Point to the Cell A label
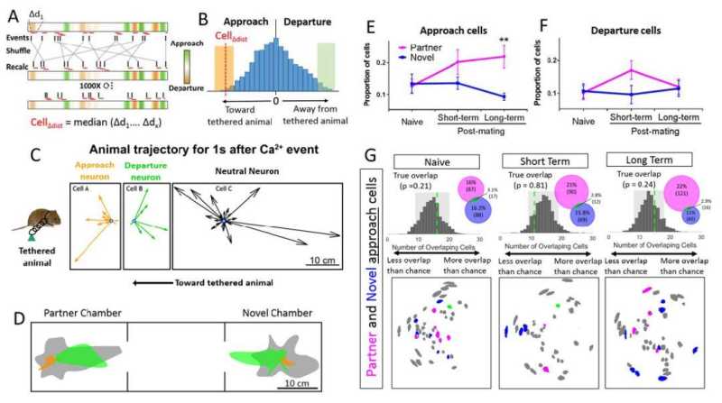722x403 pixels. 81,191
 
